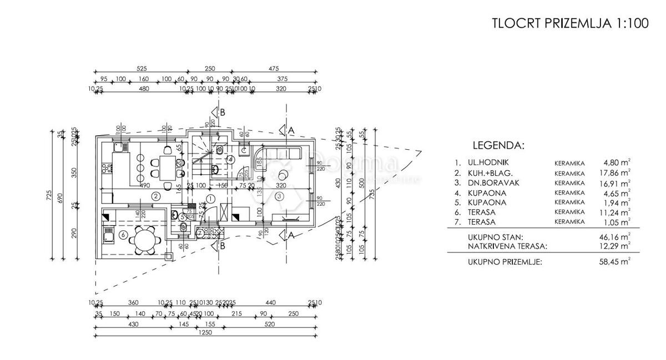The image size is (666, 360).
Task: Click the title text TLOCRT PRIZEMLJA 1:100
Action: (570, 24)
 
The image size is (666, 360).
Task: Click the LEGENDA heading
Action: (498, 146)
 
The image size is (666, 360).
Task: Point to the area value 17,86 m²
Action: (617, 173)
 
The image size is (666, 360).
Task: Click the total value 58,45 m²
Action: (617, 261)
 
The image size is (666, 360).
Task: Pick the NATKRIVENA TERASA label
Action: (507, 245)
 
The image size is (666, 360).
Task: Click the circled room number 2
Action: (157, 195)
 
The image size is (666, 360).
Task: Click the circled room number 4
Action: (231, 159)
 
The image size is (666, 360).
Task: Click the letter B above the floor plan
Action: (222, 112)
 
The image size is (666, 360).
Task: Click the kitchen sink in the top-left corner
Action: (118, 148)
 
